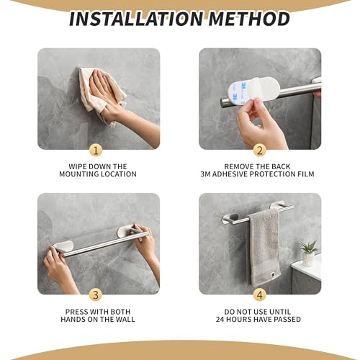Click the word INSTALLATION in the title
coord(137,19)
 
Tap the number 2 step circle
coord(260,150)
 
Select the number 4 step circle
coord(260,294)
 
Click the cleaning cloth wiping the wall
coord(97,90)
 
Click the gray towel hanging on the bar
coord(264,245)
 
